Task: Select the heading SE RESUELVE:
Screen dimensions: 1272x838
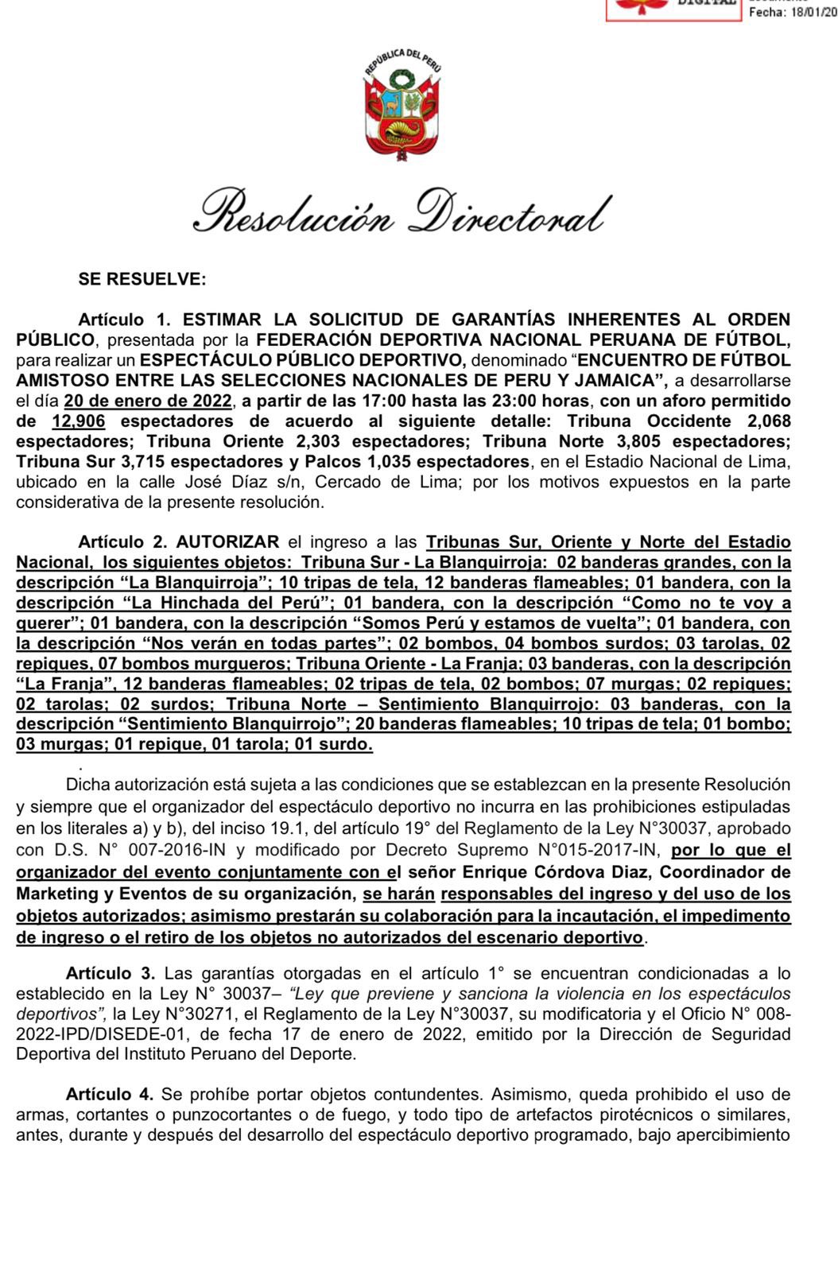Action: coord(142,279)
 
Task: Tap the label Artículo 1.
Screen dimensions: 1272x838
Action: coord(124,320)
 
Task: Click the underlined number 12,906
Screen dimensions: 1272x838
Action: coord(78,421)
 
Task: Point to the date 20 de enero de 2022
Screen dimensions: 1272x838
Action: coord(149,401)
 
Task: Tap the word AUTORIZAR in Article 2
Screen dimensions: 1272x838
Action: coord(227,542)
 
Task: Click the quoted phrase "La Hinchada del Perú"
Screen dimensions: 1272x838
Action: coord(227,603)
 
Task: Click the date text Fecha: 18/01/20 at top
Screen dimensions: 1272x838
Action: coord(793,14)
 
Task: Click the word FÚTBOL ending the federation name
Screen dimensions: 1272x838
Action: coord(752,340)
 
